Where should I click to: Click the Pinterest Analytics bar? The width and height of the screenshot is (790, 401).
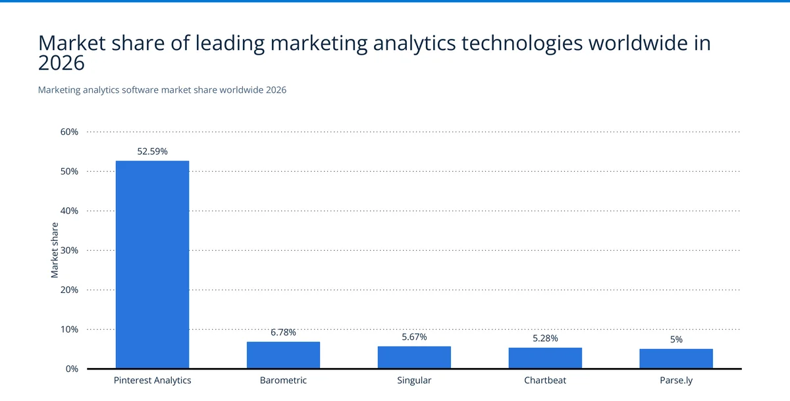point(152,265)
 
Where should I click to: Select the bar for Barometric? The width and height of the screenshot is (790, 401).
point(283,355)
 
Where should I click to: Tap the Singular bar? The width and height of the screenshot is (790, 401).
point(414,357)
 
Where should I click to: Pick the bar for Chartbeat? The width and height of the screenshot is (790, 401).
point(545,358)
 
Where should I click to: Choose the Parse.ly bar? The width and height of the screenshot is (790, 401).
point(676,358)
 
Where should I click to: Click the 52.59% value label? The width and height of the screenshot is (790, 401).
point(152,151)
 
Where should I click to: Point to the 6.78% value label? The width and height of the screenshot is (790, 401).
point(283,333)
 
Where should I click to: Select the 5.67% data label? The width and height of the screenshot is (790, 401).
point(414,336)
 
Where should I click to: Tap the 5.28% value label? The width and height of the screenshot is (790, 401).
point(545,338)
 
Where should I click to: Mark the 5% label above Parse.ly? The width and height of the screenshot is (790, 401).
point(676,340)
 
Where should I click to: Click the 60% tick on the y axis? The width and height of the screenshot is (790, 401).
point(69,132)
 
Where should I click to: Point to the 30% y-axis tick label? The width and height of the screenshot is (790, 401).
point(69,250)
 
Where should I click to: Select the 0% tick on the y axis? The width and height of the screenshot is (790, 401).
point(71,369)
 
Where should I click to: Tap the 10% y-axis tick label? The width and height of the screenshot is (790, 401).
point(69,329)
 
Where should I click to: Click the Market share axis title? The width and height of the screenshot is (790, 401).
point(55,250)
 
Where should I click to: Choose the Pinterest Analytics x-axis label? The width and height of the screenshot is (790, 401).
point(152,381)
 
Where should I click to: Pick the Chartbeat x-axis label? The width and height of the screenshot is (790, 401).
point(545,381)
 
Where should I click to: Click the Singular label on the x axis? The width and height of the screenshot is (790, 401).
point(414,381)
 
